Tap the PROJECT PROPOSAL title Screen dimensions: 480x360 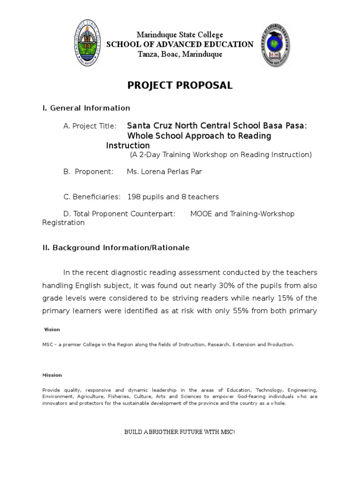(180, 85)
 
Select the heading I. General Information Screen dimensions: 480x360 (86, 108)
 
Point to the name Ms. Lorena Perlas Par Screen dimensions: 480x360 (164, 172)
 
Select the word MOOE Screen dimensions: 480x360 (202, 214)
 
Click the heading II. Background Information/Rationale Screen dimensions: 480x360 (116, 248)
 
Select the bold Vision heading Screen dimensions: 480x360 (52, 330)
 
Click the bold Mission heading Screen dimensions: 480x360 (52, 375)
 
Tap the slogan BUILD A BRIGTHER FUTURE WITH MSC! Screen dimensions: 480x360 (180, 432)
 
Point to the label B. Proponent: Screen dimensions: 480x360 (89, 172)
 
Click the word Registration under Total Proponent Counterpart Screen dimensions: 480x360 (64, 223)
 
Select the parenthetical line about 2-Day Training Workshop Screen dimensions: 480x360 (220, 155)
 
